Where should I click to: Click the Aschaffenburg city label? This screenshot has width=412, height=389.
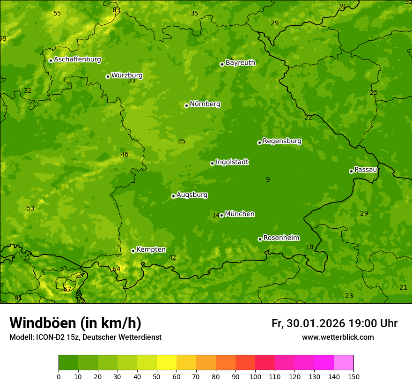(x=77, y=60)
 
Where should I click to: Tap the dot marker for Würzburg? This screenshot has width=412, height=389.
(x=108, y=76)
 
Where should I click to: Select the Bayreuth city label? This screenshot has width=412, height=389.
(x=240, y=63)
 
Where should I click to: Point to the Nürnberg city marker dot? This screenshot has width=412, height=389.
(x=186, y=105)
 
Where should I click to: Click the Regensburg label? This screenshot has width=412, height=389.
(x=282, y=141)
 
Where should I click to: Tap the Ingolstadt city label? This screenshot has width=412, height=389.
(x=232, y=162)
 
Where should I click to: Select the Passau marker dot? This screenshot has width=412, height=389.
(x=351, y=171)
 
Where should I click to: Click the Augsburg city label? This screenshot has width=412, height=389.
(x=192, y=195)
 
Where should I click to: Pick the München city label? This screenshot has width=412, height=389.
(x=240, y=214)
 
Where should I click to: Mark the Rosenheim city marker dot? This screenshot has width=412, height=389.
(x=260, y=239)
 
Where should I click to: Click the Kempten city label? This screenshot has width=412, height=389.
(x=151, y=250)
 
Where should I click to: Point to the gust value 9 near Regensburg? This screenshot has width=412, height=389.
(x=268, y=180)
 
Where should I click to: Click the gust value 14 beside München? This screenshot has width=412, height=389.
(x=216, y=215)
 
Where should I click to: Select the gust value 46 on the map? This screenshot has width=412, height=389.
(x=125, y=154)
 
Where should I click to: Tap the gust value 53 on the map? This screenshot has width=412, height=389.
(x=30, y=208)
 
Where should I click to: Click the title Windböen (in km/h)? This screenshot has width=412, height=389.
(x=75, y=323)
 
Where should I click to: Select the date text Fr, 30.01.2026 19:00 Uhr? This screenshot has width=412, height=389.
(x=334, y=323)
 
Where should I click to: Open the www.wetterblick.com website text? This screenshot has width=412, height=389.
(x=338, y=337)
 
